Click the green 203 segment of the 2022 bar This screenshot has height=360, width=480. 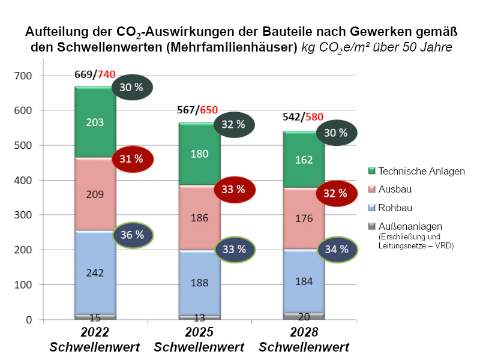pos(95,122)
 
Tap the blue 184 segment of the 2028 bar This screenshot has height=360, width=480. pos(304,280)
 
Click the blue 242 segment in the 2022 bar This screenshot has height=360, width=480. pos(95,272)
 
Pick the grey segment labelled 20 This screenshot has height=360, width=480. pos(304,316)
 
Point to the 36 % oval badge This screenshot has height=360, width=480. pos(133,235)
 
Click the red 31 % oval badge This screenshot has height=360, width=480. pos(133,159)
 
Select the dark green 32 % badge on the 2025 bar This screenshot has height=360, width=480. pos(234,125)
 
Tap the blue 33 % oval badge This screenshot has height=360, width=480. pos(234,248)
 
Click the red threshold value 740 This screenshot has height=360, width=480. pos(106,74)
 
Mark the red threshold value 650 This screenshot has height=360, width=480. pos(209,110)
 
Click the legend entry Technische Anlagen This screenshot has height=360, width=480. pos(422,171)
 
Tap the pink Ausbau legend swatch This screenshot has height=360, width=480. pos(371,189)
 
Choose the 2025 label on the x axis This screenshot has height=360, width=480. pos(199,333)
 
